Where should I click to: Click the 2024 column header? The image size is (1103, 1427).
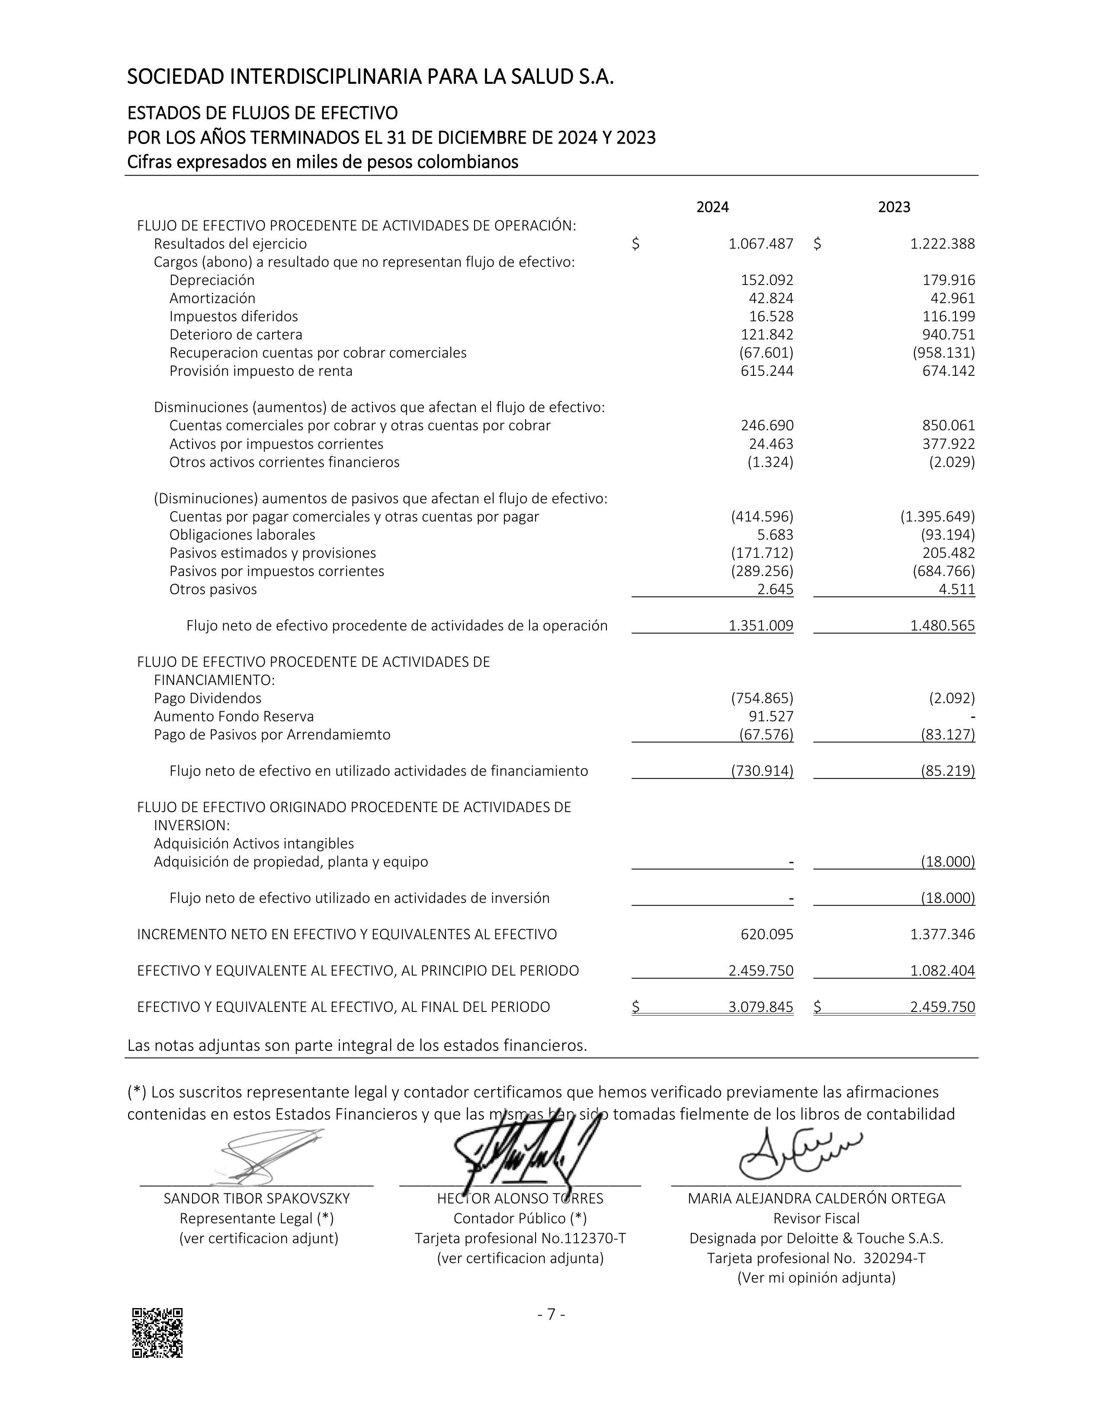point(712,207)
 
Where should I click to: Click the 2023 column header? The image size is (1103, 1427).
point(894,207)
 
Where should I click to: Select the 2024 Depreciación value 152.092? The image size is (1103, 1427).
point(767,280)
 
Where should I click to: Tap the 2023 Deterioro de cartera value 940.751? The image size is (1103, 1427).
point(949,335)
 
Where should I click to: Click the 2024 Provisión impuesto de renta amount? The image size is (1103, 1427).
point(767,371)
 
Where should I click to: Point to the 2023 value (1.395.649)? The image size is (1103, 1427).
point(938,517)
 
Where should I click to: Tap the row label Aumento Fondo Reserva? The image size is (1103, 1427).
point(234,716)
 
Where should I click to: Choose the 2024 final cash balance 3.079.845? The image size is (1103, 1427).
point(760,1007)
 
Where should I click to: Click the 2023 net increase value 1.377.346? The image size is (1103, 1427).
point(942,934)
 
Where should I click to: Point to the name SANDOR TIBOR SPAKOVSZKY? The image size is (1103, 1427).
point(257,1198)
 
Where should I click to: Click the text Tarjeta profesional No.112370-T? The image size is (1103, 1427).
point(520,1238)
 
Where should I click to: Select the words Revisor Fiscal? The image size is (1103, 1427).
point(816,1219)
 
